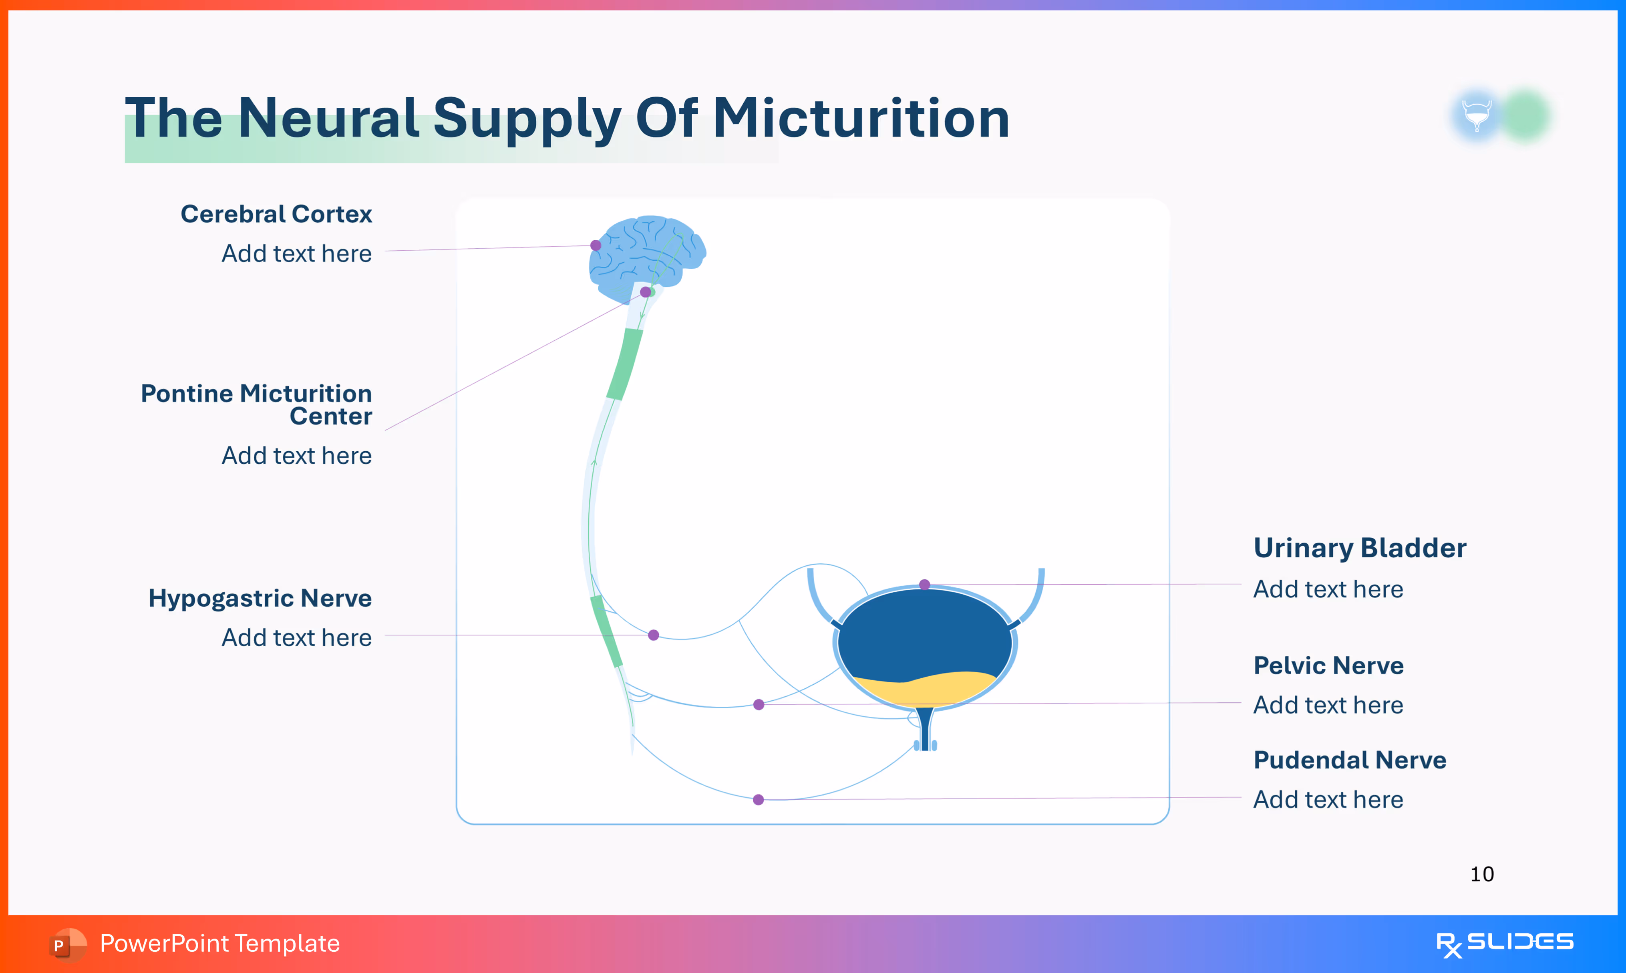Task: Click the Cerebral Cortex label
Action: coord(276,214)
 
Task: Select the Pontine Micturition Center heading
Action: coord(256,404)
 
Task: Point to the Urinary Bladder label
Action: coord(1359,548)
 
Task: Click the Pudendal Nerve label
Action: coord(1349,760)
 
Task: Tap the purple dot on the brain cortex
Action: coord(595,245)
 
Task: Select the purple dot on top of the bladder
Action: coord(924,584)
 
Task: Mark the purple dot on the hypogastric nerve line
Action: coord(654,635)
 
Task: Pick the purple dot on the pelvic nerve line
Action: coord(759,704)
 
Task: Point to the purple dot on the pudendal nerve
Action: coord(758,799)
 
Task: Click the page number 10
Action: coord(1482,874)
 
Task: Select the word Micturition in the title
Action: coord(861,119)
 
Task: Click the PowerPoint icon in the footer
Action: coord(66,944)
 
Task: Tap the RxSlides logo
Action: coord(1504,943)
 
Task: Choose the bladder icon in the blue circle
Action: coord(1477,115)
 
